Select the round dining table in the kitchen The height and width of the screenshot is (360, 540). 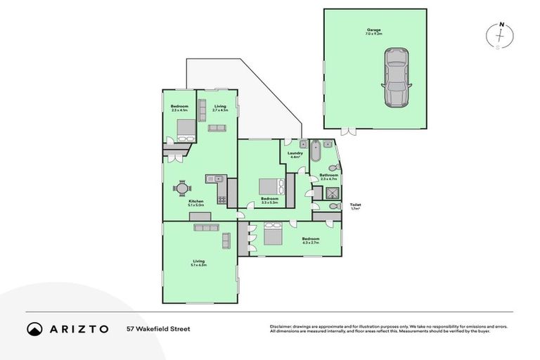click(x=181, y=188)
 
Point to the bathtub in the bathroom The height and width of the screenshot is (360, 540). click(x=316, y=150)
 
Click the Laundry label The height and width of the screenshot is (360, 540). click(x=295, y=155)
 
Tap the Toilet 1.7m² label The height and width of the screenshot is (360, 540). click(x=355, y=207)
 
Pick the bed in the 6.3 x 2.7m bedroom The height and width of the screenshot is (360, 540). click(x=274, y=233)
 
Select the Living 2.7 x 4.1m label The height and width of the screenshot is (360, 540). click(x=220, y=108)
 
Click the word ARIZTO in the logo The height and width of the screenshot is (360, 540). click(x=79, y=328)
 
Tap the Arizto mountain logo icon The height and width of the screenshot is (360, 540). click(x=34, y=328)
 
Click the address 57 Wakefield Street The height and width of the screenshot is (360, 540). click(x=158, y=328)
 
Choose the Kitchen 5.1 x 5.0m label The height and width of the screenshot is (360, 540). click(x=196, y=203)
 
